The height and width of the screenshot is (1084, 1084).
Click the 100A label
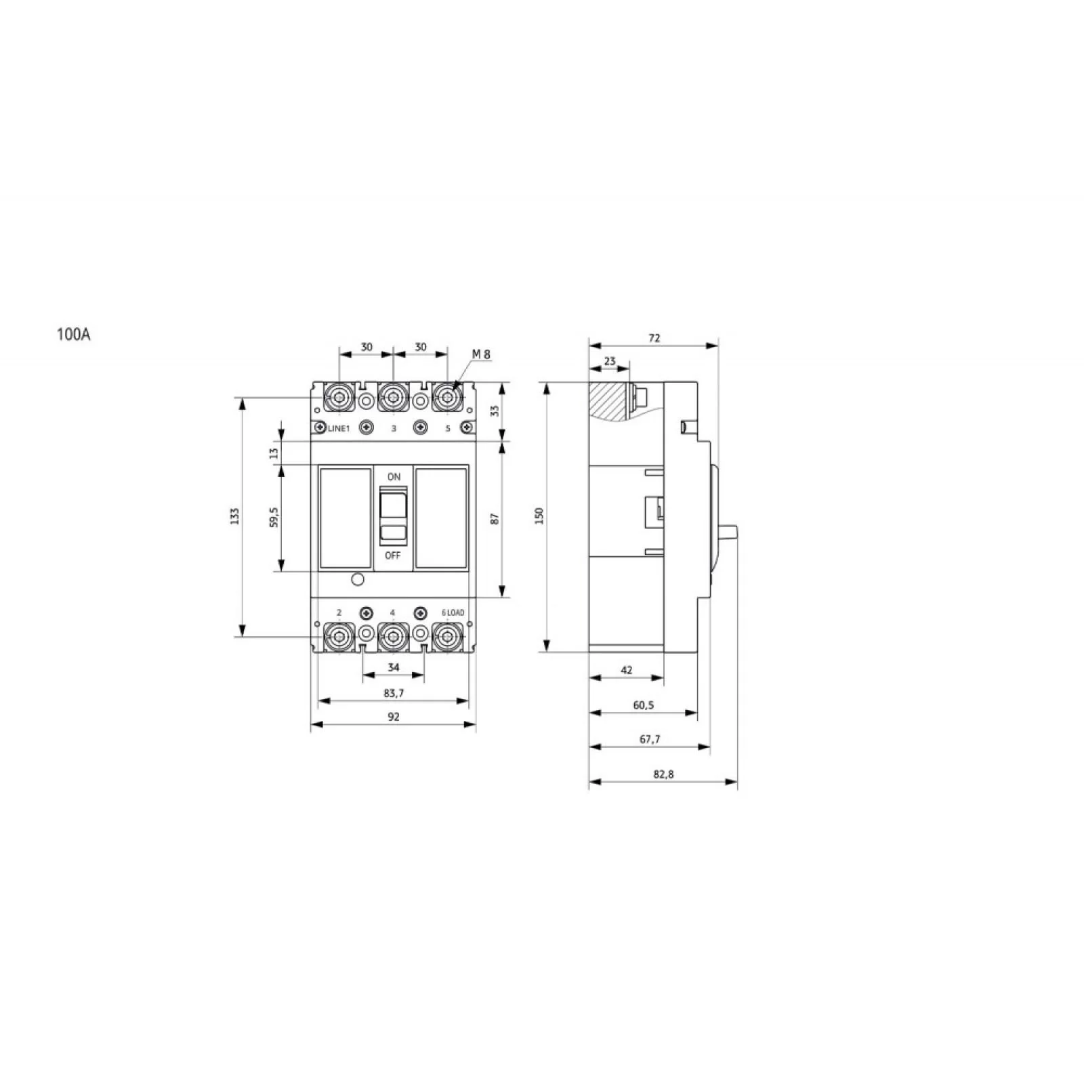click(74, 335)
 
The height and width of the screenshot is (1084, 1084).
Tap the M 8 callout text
click(481, 354)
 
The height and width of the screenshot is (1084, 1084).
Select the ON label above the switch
click(394, 477)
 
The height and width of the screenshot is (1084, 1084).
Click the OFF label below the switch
click(393, 556)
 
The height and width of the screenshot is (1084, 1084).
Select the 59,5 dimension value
click(274, 517)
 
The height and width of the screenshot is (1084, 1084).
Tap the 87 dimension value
click(495, 519)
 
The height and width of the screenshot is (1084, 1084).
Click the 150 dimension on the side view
click(539, 516)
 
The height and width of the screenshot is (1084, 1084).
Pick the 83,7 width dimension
click(394, 693)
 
